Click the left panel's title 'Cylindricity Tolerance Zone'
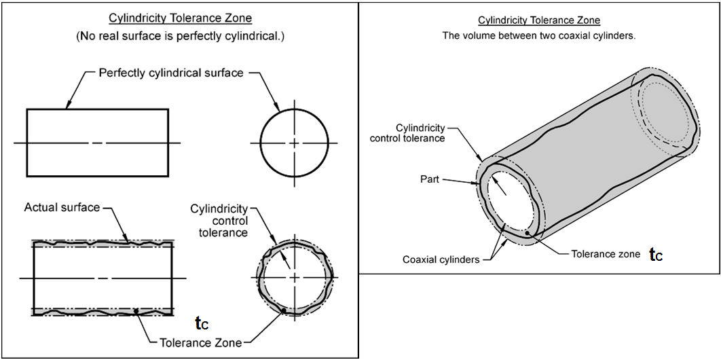coord(180,18)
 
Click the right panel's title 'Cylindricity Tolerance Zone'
coord(539,21)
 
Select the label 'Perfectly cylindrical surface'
coord(170,73)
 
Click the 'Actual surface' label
coord(62,206)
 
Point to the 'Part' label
coord(429,180)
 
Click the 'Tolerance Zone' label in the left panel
coord(200,342)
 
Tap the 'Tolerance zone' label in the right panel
coord(605,254)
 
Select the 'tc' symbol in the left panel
coord(202,323)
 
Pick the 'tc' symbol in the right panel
coord(656,254)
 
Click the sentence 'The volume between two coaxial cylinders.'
coord(539,35)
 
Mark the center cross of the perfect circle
coord(294,143)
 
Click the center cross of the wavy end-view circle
coord(294,277)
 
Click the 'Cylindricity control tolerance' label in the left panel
coord(219,220)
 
